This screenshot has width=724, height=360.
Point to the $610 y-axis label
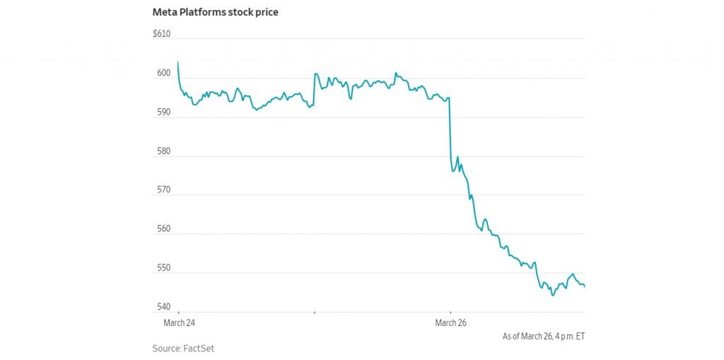click(x=161, y=34)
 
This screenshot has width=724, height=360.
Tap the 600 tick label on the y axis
click(x=163, y=74)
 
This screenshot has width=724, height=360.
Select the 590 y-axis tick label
click(x=163, y=112)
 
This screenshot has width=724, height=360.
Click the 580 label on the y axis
click(x=163, y=151)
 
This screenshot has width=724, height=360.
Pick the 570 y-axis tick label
click(x=163, y=190)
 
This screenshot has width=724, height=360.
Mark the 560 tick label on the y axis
click(x=163, y=229)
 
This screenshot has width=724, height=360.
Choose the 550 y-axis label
click(x=163, y=268)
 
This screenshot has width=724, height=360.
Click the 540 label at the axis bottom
click(x=163, y=307)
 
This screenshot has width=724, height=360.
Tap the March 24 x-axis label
click(x=179, y=323)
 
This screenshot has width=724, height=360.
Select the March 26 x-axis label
click(x=450, y=323)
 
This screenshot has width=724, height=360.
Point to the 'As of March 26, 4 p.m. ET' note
click(x=544, y=336)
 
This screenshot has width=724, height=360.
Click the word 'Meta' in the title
click(x=163, y=12)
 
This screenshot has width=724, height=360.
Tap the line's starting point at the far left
click(x=177, y=62)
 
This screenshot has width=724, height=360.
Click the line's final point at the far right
click(x=585, y=286)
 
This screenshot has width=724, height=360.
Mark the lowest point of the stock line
click(x=552, y=295)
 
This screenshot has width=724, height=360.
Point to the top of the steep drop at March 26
click(x=450, y=98)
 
